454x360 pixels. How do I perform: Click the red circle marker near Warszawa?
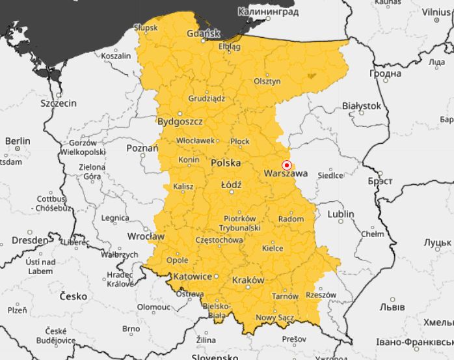point(286,165)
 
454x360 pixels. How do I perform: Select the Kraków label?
point(248,281)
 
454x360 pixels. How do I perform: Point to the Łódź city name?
point(231,186)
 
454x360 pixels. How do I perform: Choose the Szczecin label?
point(59,103)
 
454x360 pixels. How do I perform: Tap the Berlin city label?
point(18,141)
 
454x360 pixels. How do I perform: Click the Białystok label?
point(361,105)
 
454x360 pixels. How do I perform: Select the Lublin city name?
point(341,214)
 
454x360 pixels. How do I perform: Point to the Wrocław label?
point(146,236)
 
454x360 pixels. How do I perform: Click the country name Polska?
point(226,163)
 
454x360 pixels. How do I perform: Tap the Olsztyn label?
point(267,81)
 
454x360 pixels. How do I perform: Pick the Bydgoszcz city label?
point(180,122)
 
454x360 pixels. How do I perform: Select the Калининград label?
point(268,12)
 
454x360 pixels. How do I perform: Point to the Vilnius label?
point(435,12)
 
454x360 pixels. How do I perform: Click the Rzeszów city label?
point(321,295)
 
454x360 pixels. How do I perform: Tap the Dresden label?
point(30,240)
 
